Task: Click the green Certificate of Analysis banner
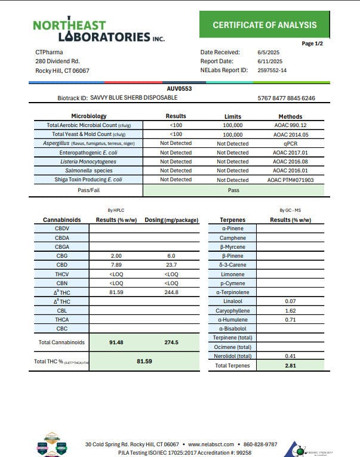tap(264, 24)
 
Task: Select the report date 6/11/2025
tap(270, 61)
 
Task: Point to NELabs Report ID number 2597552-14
tap(272, 70)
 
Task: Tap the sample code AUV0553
tap(179, 89)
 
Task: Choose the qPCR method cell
tap(290, 143)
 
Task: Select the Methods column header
tap(290, 116)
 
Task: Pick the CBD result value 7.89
tap(116, 265)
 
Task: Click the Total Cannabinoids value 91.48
tap(116, 342)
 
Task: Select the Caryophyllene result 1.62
tap(290, 311)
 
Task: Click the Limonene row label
tap(232, 274)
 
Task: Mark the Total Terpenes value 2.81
tap(290, 365)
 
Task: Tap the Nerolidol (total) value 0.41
tap(290, 356)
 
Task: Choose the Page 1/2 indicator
tap(312, 44)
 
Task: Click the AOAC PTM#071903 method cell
tap(290, 180)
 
